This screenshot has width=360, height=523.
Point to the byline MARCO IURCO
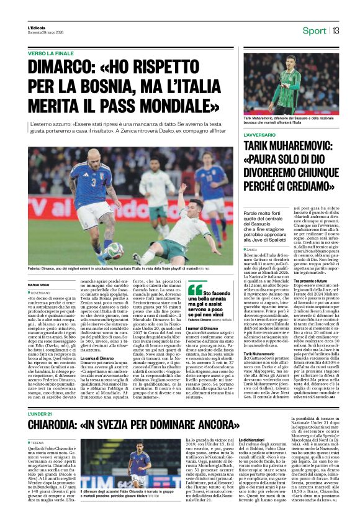click(x=38, y=285)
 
